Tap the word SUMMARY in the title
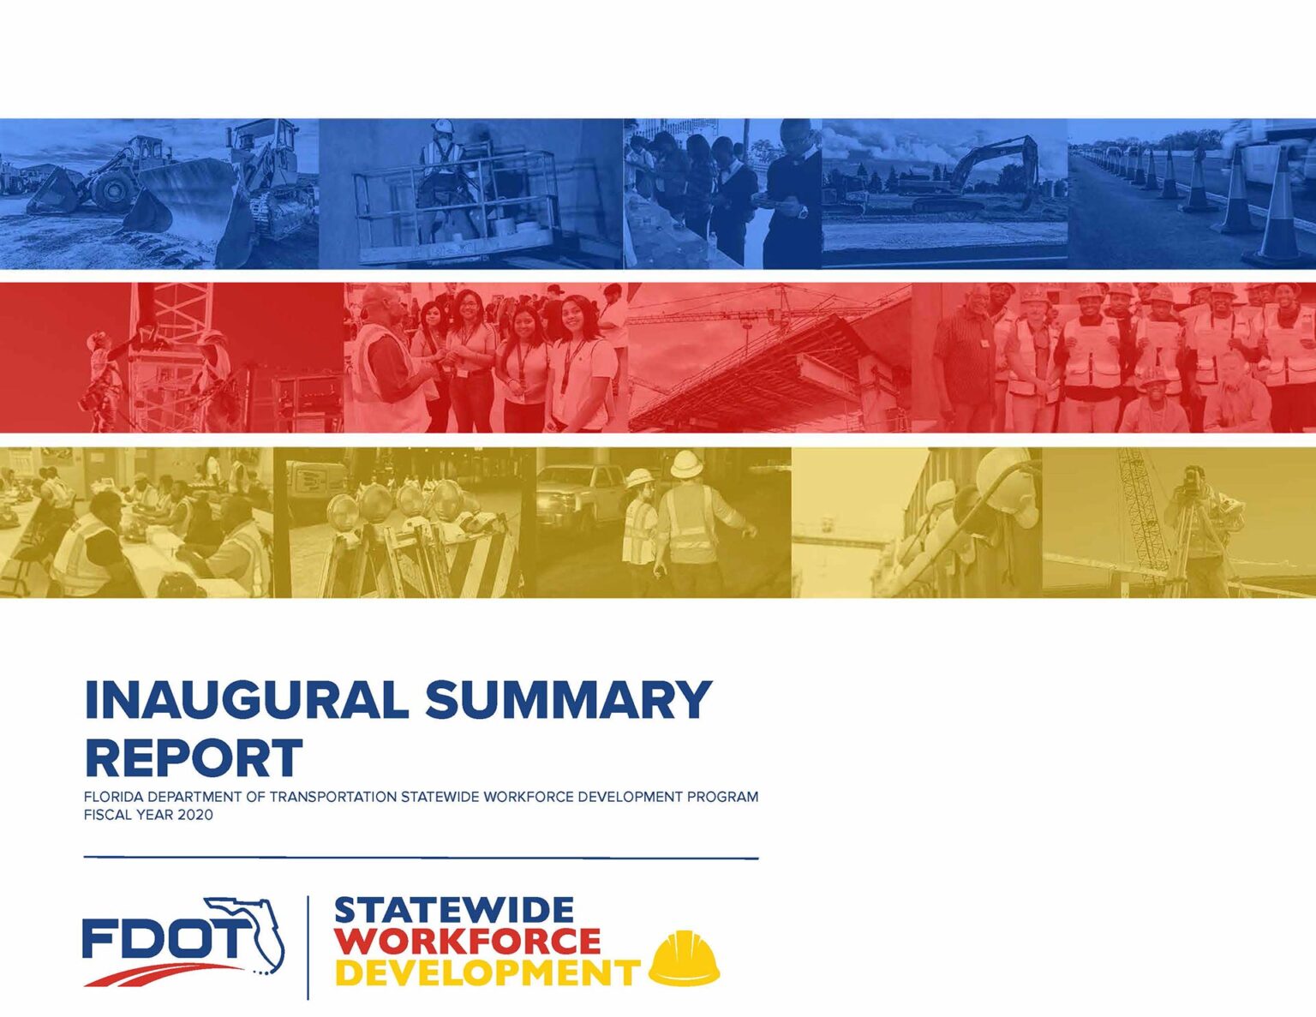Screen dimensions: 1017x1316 (568, 700)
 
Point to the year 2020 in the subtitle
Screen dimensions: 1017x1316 (195, 815)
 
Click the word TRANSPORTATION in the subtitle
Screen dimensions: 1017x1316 (332, 797)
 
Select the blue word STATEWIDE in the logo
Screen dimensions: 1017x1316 (454, 910)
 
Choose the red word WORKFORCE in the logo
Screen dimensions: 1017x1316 (468, 942)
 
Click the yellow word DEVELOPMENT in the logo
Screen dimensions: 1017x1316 (487, 973)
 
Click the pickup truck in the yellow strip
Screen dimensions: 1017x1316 (578, 493)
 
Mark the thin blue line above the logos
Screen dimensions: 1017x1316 (421, 857)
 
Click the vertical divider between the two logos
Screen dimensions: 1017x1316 (308, 947)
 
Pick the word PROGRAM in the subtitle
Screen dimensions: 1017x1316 (727, 797)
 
